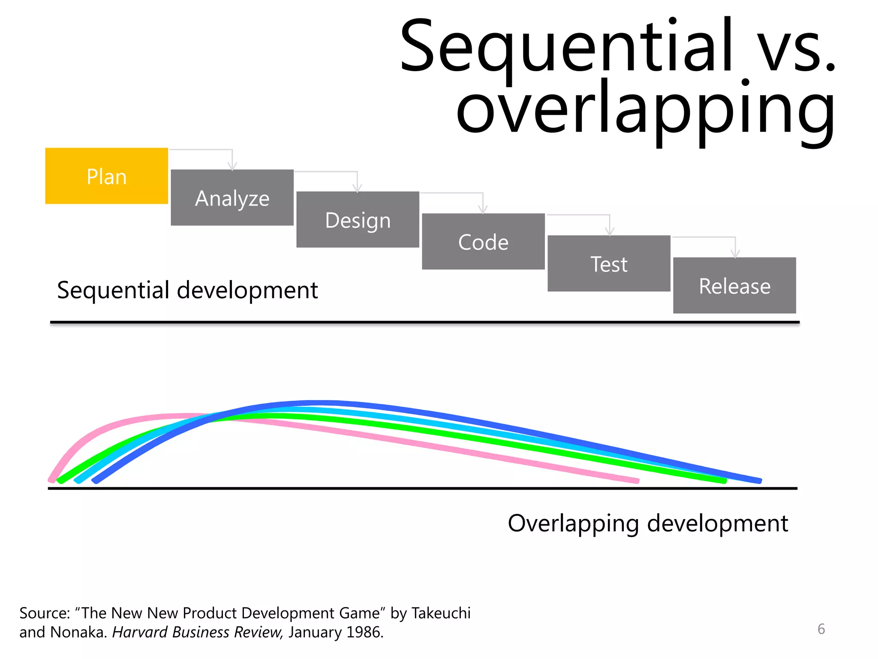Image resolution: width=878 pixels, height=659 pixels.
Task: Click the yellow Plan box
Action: [x=106, y=176]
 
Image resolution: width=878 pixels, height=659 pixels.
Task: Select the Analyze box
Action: [x=232, y=198]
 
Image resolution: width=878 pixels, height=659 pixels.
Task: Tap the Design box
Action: [x=358, y=220]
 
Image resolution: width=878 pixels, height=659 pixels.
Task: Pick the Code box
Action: [x=483, y=242]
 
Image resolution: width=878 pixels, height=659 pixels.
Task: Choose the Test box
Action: [x=609, y=263]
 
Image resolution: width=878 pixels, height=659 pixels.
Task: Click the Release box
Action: [x=734, y=285]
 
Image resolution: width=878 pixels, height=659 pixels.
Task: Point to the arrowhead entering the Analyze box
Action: [x=232, y=166]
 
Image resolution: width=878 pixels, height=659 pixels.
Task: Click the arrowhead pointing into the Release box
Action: [x=735, y=254]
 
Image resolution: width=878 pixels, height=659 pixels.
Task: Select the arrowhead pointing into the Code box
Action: [x=483, y=210]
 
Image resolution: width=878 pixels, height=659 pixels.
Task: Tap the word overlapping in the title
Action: [x=645, y=109]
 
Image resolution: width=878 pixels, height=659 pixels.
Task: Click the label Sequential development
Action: [x=187, y=290]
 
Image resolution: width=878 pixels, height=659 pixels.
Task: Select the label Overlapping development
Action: [x=647, y=523]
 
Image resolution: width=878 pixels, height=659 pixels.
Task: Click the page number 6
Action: [x=821, y=629]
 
